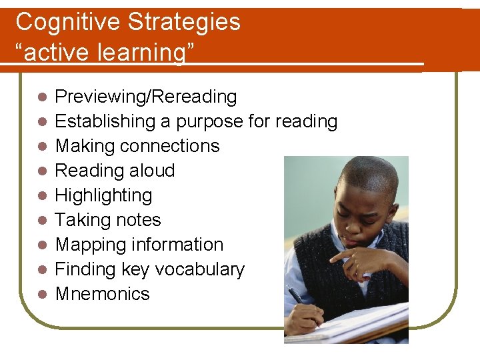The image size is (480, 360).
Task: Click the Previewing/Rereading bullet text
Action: (145, 97)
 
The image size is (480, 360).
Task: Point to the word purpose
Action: (201, 122)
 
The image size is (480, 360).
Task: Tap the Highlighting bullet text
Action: (103, 195)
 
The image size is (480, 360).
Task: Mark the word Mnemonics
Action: (102, 294)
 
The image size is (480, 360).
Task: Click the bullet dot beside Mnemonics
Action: (41, 294)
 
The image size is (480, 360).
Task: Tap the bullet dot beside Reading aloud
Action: (41, 171)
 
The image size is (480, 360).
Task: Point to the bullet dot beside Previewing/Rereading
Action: (41, 97)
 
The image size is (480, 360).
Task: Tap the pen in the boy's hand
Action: (296, 295)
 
